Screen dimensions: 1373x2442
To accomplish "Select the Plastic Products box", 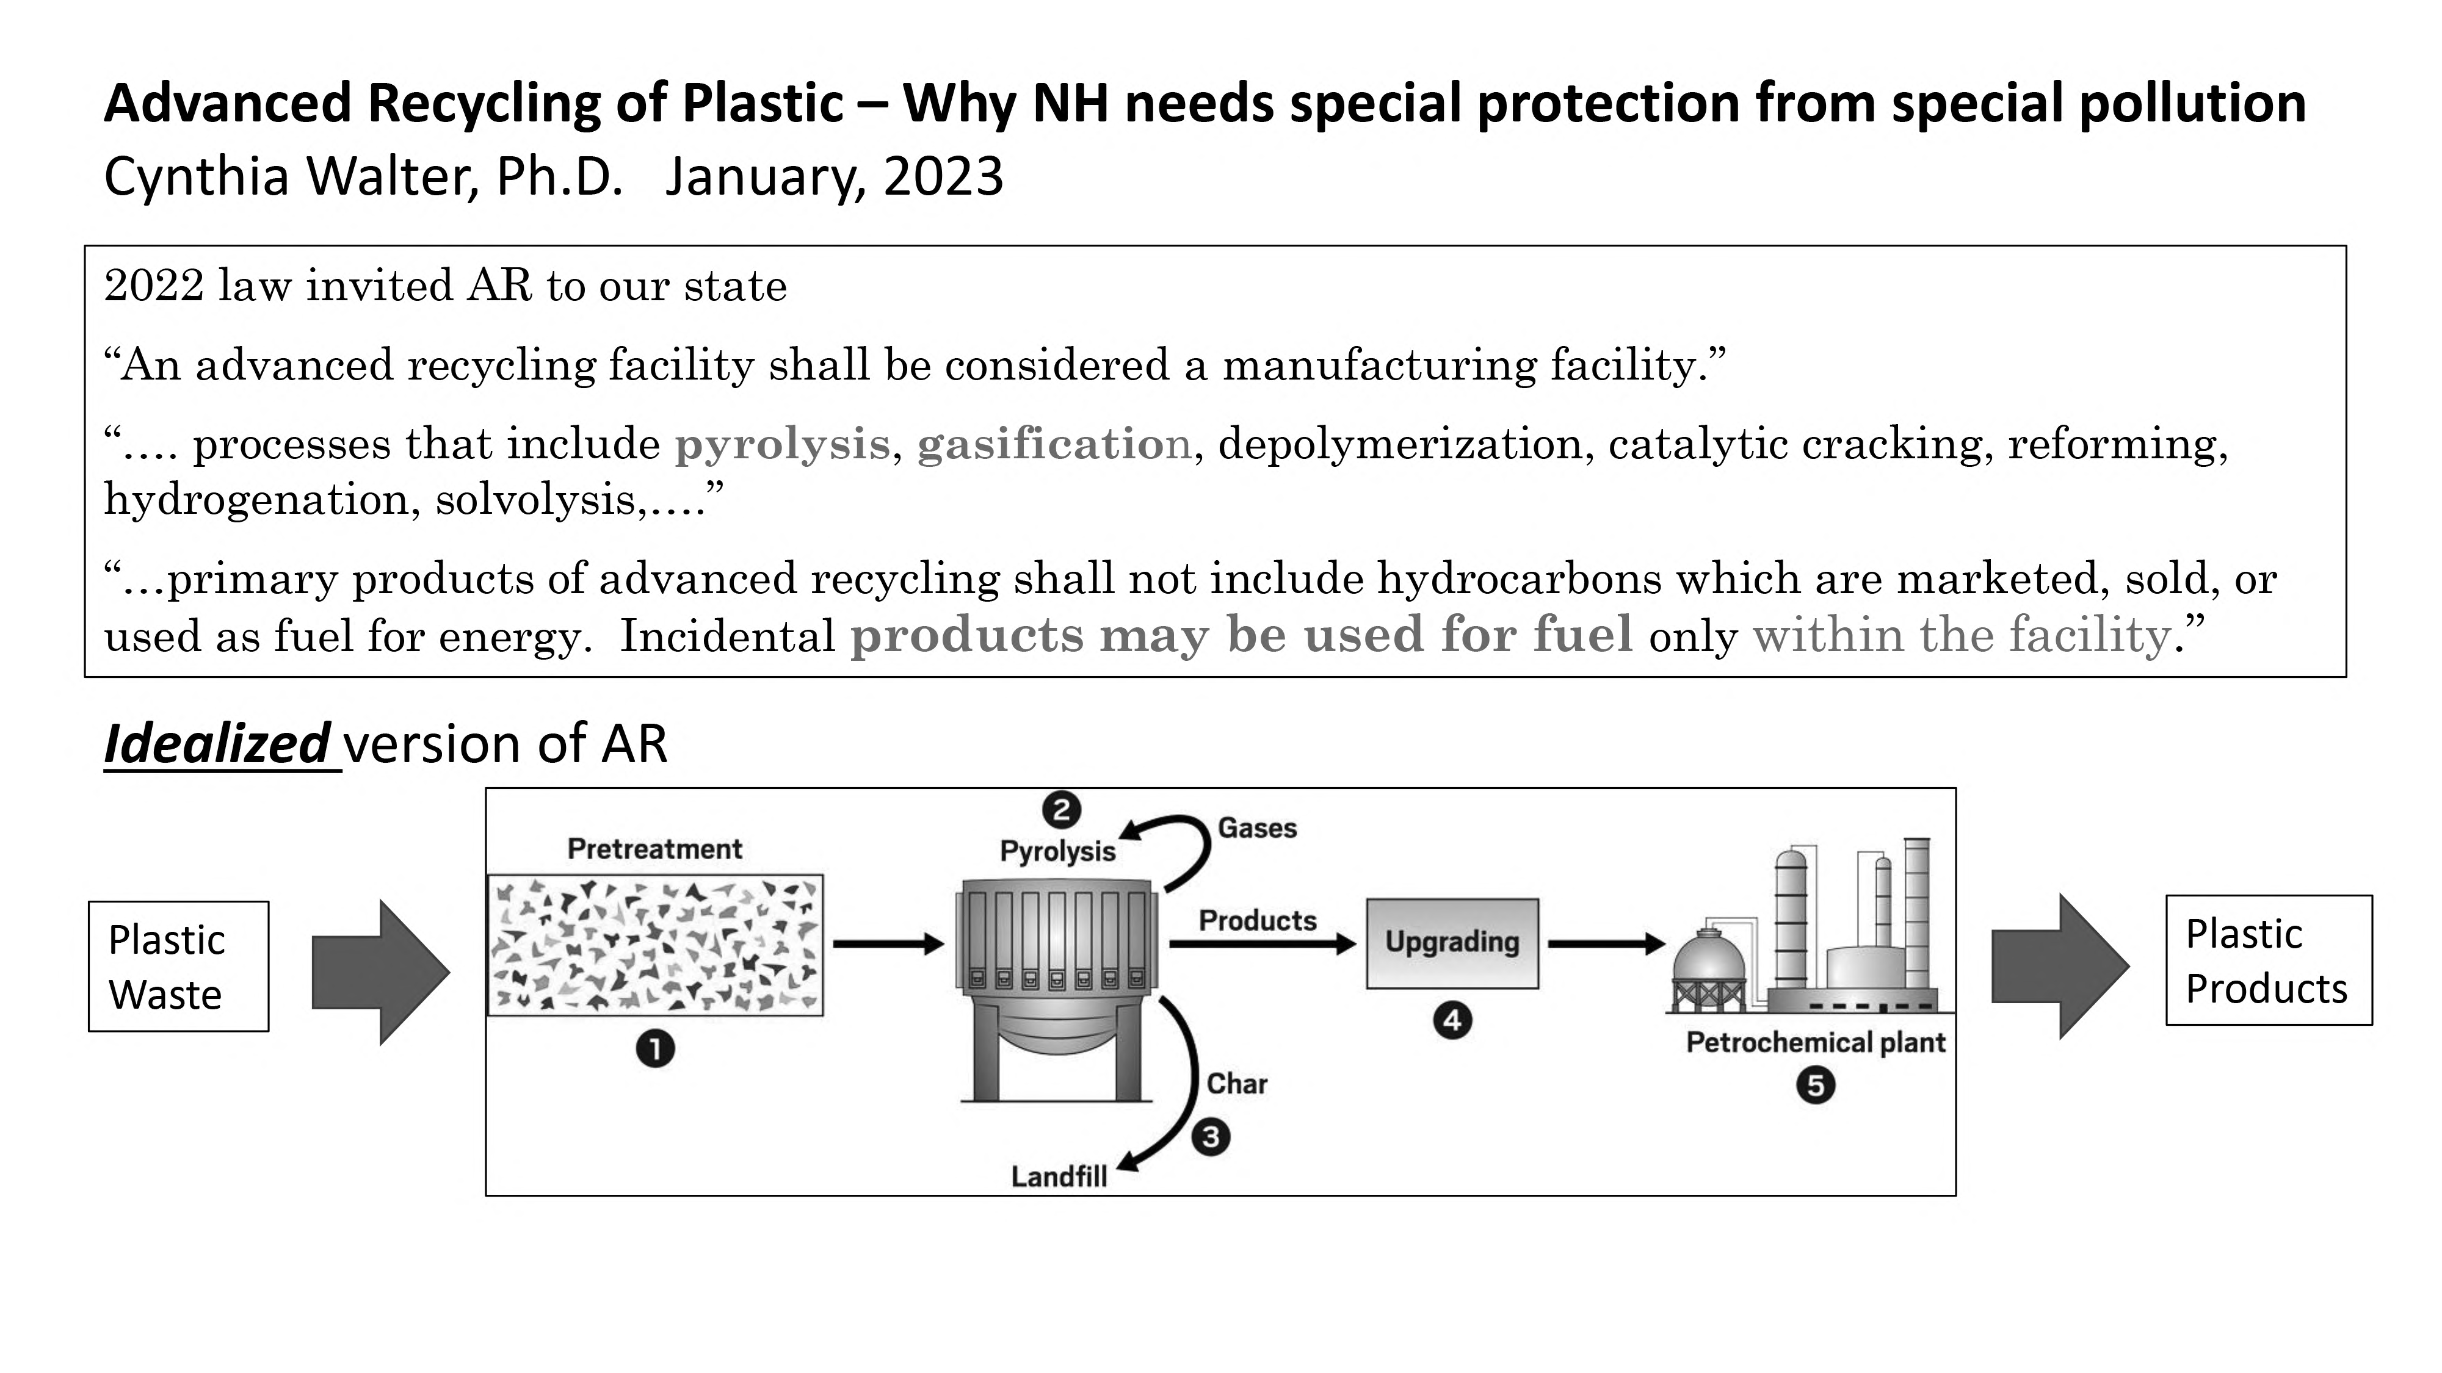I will tap(2269, 960).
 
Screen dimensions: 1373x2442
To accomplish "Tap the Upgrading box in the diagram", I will tap(1451, 943).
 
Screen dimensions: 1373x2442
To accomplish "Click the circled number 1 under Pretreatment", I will tap(655, 1049).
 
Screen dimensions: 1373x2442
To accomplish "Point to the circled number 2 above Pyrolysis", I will tap(1061, 810).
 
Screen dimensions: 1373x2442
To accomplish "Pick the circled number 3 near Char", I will tap(1211, 1136).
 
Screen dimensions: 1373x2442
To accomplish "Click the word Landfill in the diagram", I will tap(1059, 1177).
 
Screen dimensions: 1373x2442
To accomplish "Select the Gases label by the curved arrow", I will tap(1257, 828).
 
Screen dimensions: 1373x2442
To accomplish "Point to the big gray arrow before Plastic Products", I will tap(2060, 967).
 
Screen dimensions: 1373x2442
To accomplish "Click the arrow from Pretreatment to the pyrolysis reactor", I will tap(888, 944).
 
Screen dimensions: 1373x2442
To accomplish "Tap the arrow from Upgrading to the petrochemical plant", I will tap(1606, 944).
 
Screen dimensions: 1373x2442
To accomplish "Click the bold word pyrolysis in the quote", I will tap(782, 444).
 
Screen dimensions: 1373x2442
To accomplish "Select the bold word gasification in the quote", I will tap(1053, 444).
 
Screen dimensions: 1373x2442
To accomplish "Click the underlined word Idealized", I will tap(216, 743).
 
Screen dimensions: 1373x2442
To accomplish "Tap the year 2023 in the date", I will tap(943, 176).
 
